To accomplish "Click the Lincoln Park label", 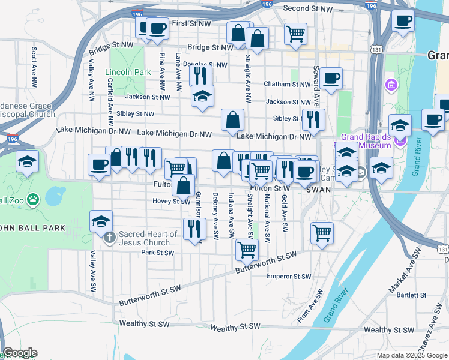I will (128, 72).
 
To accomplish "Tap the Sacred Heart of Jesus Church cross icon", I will (109, 238).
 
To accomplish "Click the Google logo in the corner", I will (20, 353).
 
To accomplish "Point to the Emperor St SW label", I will (289, 277).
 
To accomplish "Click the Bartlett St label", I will (411, 295).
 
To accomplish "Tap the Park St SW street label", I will (157, 253).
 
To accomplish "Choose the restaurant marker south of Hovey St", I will (194, 229).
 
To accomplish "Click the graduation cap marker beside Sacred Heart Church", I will (101, 221).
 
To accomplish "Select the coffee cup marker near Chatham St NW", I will (331, 78).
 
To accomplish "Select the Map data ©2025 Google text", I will (412, 355).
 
